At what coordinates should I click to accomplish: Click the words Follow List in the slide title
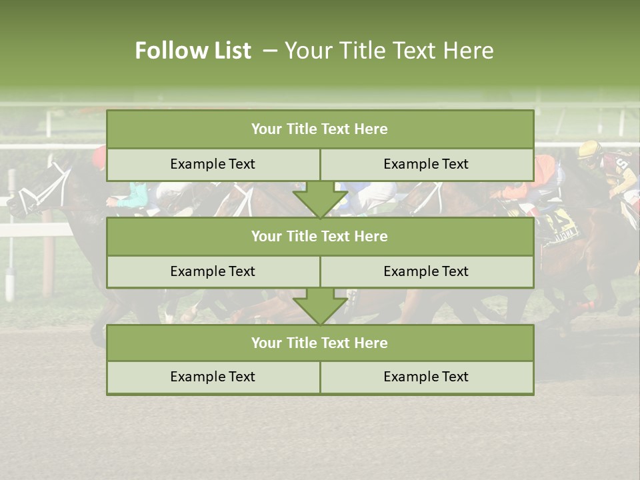coord(193,51)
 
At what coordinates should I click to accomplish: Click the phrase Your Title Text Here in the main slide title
coord(389,51)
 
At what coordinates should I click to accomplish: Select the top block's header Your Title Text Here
coord(319,129)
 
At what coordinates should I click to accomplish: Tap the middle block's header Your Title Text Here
coord(319,236)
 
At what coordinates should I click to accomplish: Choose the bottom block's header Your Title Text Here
coord(319,343)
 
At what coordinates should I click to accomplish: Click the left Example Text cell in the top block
coord(213,164)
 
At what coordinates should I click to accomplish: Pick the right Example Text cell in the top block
coord(426,164)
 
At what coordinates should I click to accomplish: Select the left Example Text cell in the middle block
coord(213,271)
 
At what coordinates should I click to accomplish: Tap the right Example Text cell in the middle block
coord(426,271)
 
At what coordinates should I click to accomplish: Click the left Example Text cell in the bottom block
coord(213,377)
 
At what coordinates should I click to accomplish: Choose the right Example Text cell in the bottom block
coord(426,377)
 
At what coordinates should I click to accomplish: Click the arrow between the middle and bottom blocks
coord(320,307)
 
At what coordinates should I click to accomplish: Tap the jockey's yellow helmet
coord(589,149)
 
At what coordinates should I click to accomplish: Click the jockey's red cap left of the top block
coord(99,157)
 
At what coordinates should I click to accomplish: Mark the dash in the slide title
coord(270,51)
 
